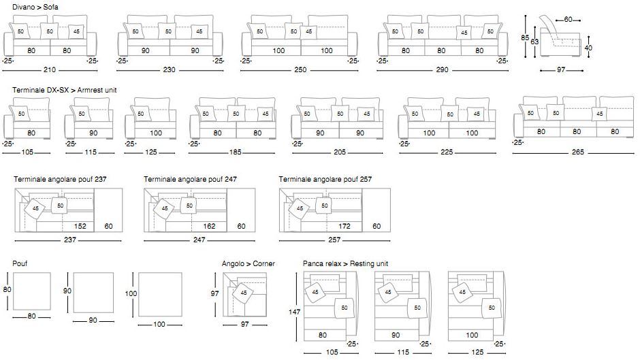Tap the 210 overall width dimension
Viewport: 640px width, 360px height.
[x=50, y=69]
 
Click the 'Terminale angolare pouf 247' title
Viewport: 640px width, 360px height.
[x=190, y=180]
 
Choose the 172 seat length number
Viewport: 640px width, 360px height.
[x=345, y=226]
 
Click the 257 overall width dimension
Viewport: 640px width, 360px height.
[x=334, y=240]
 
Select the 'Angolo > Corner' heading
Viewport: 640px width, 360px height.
[x=249, y=263]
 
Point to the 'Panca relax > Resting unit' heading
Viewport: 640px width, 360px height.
[x=346, y=263]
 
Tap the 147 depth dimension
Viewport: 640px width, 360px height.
[x=293, y=311]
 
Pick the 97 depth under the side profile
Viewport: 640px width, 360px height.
[x=560, y=69]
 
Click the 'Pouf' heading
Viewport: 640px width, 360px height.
[x=19, y=263]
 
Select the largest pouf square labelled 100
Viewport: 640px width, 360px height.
[x=159, y=295]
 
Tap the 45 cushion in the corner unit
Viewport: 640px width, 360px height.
[x=243, y=293]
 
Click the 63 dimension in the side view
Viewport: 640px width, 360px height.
[x=536, y=42]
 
